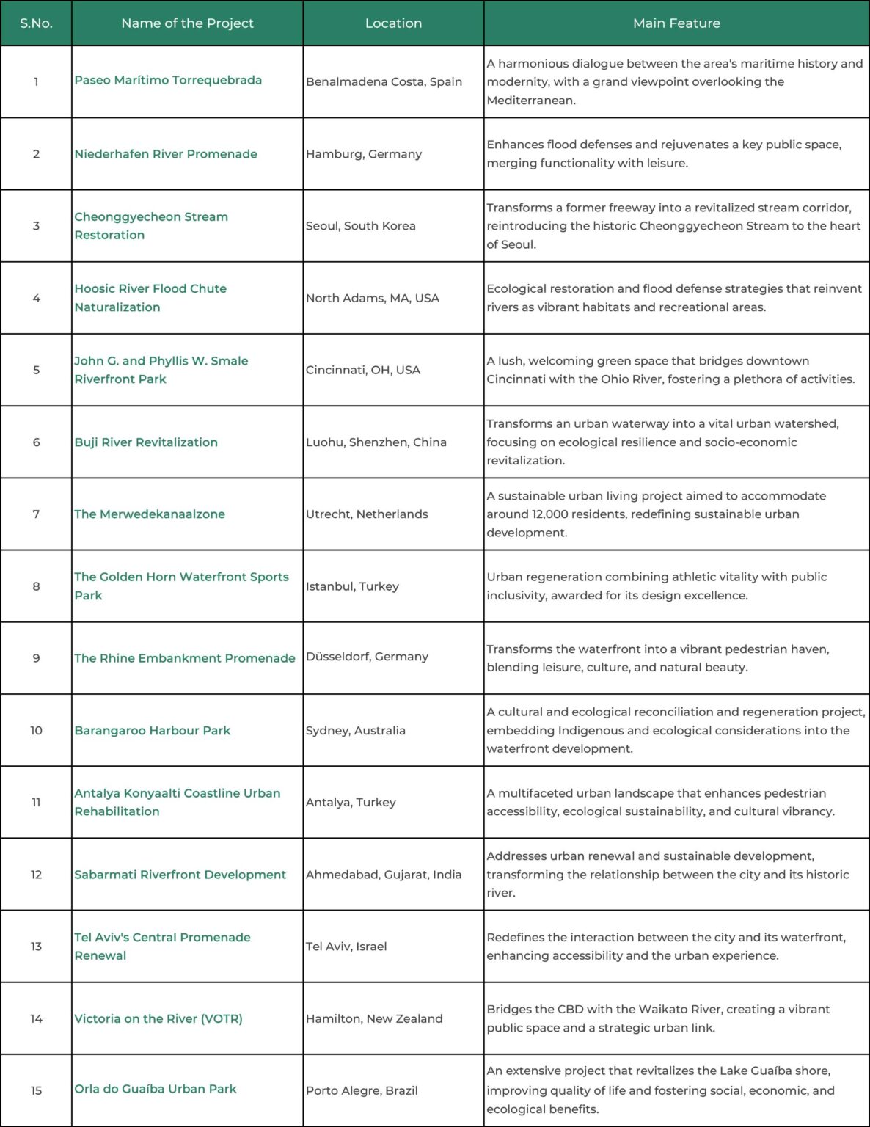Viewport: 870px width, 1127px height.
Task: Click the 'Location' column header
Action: point(393,23)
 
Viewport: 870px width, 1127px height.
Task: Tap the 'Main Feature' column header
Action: point(676,23)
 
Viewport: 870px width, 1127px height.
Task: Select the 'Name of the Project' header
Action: point(187,23)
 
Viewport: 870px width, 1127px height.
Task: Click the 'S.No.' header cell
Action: point(36,23)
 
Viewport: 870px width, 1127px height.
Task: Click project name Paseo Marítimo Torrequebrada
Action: point(168,80)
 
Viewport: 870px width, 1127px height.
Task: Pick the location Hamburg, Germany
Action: point(364,154)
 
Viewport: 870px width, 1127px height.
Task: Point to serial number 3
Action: point(36,226)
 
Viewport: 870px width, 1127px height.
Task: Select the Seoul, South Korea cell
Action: point(360,226)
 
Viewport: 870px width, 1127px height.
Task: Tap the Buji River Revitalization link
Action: point(146,442)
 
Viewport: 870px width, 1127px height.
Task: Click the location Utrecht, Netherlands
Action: point(367,514)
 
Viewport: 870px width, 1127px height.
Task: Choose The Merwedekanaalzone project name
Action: point(150,514)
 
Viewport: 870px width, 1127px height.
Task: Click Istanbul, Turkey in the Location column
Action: point(352,586)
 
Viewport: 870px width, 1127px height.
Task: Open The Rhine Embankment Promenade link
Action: point(185,658)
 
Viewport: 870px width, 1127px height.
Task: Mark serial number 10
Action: point(36,731)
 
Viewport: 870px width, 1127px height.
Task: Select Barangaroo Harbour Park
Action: point(153,731)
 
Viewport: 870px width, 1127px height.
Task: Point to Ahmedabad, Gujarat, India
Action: point(384,875)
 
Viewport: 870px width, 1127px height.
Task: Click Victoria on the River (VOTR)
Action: point(158,1018)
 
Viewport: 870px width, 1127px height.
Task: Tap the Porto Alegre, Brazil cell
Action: point(362,1090)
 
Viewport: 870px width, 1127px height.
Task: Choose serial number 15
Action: point(36,1090)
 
